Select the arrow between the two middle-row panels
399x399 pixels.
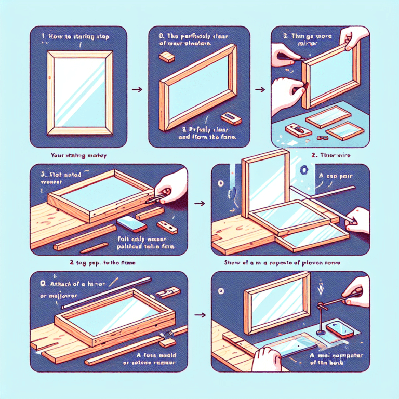197,204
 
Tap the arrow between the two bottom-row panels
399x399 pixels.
198,315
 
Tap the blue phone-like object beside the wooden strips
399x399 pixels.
128,223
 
